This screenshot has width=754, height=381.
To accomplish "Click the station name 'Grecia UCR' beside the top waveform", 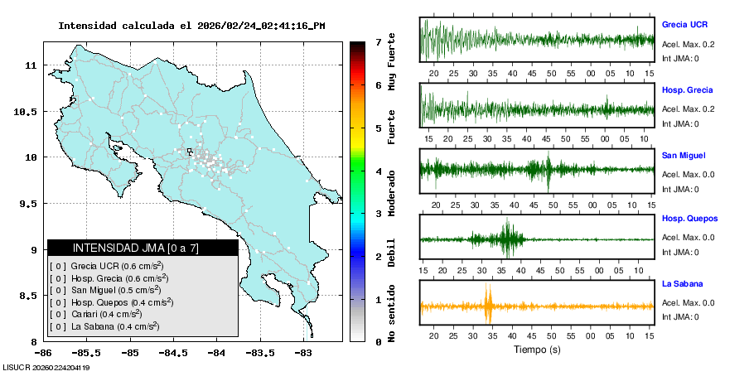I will coord(684,25).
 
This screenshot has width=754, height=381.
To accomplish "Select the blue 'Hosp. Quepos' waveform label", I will coord(689,219).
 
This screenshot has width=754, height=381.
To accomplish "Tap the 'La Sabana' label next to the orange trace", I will coord(682,284).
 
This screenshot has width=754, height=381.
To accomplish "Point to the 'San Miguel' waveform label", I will coord(684,155).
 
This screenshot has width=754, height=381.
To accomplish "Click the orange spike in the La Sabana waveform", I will coord(489,305).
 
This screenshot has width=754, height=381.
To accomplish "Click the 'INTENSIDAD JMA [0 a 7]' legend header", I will coord(136,248).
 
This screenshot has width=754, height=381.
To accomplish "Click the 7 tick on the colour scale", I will coord(378,41).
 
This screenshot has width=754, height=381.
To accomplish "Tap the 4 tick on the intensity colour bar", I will coord(378,171).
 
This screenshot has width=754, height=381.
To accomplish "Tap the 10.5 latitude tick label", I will coord(28,111).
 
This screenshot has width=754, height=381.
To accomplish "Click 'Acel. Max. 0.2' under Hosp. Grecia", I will coord(689,109).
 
